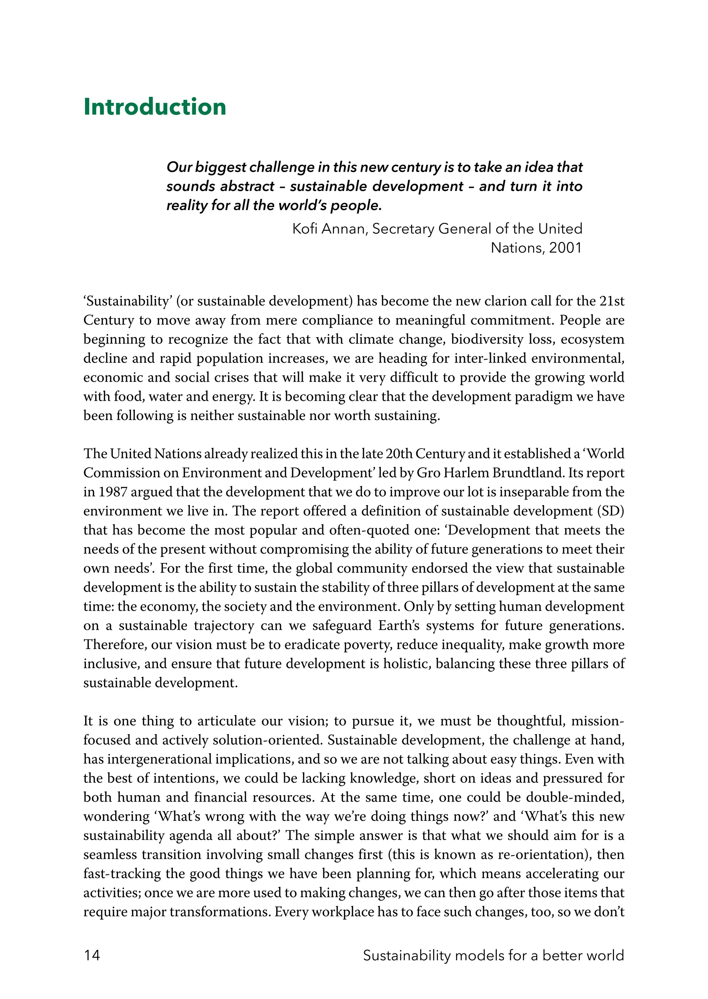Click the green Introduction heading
(155, 107)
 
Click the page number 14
(92, 955)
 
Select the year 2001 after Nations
(566, 248)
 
